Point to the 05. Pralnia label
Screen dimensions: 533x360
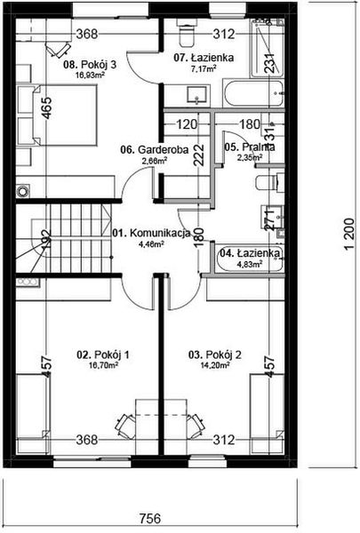pyautogui.click(x=249, y=147)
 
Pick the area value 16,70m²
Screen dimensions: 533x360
pyautogui.click(x=103, y=365)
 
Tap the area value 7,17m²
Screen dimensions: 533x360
pyautogui.click(x=196, y=68)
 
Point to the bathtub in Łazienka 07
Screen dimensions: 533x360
pyautogui.click(x=253, y=93)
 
